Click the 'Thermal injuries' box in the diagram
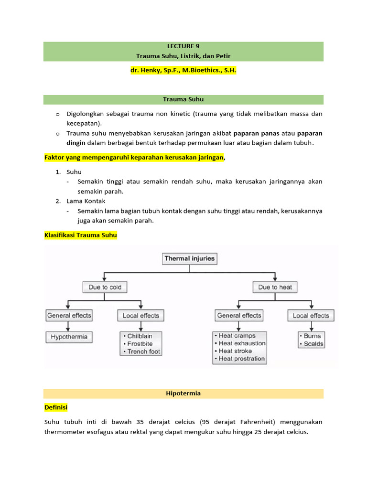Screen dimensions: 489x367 coord(190,259)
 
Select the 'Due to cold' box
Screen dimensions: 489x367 coord(105,287)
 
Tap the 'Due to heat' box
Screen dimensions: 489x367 coord(275,287)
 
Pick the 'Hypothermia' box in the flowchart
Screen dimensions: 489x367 coord(69,337)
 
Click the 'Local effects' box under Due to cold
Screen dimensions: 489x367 coord(140,316)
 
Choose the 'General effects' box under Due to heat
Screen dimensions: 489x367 coord(239,316)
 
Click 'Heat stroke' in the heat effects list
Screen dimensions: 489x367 coord(235,351)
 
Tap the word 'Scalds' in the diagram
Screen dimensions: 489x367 coord(313,344)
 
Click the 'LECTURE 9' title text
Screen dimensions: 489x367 coord(183,46)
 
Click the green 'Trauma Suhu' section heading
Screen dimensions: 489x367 coord(183,99)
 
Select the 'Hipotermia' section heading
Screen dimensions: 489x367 coord(183,393)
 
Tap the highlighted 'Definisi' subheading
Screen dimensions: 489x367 coord(56,407)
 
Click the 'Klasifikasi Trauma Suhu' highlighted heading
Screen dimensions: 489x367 coord(80,235)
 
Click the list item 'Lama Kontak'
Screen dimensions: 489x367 coord(86,201)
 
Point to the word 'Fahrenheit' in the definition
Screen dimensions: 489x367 coord(259,422)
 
